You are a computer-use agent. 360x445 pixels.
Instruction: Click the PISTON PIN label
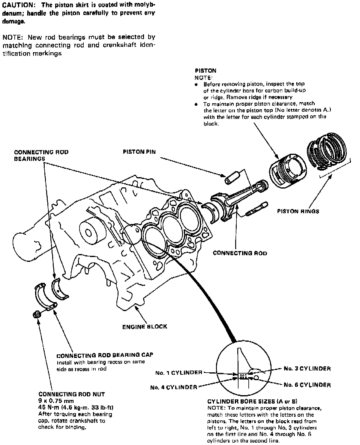pyautogui.click(x=139, y=152)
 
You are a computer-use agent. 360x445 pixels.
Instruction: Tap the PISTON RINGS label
pyautogui.click(x=298, y=211)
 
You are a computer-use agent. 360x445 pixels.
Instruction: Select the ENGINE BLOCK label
pyautogui.click(x=145, y=326)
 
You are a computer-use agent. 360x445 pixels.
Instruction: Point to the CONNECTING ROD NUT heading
pyautogui.click(x=72, y=394)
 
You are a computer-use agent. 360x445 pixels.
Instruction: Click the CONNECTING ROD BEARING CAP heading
pyautogui.click(x=105, y=355)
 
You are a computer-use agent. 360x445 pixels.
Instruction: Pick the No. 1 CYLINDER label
pyautogui.click(x=178, y=373)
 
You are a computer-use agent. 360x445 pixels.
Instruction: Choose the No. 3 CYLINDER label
pyautogui.click(x=307, y=368)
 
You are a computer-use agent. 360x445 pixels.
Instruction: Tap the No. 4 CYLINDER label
pyautogui.click(x=174, y=387)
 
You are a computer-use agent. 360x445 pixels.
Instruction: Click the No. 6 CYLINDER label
pyautogui.click(x=307, y=385)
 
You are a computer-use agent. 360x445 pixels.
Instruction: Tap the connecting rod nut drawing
pyautogui.click(x=37, y=314)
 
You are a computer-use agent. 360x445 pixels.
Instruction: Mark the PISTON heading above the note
pyautogui.click(x=205, y=71)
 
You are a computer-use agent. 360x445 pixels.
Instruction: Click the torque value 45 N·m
pyautogui.click(x=49, y=407)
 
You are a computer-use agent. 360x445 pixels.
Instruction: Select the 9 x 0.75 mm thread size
pyautogui.click(x=56, y=401)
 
